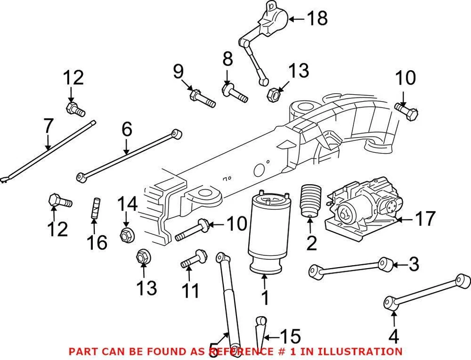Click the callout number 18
pyautogui.click(x=316, y=19)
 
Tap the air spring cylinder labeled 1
pyautogui.click(x=267, y=231)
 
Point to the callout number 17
pyautogui.click(x=424, y=219)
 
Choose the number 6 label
pyautogui.click(x=127, y=130)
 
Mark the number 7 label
pyautogui.click(x=48, y=127)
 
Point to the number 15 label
pyautogui.click(x=289, y=337)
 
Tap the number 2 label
pyautogui.click(x=311, y=242)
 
